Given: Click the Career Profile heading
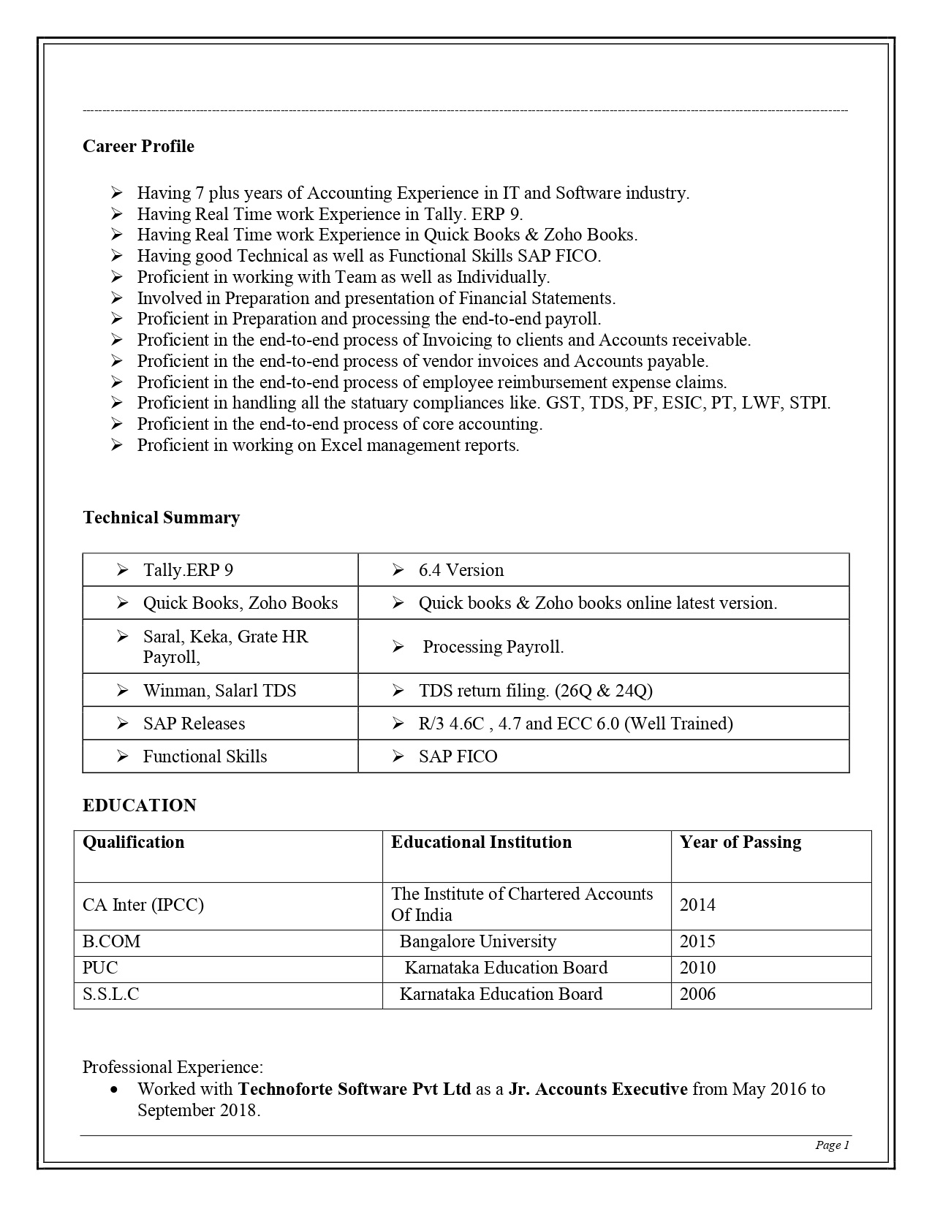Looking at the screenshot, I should [x=138, y=146].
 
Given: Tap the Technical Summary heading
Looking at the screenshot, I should [x=161, y=517].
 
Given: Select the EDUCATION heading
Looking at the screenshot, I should [x=140, y=805].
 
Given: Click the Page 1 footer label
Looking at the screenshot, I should [x=832, y=1145].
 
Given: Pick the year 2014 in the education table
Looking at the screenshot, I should [x=697, y=905].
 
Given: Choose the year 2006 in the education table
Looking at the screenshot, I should [x=697, y=994].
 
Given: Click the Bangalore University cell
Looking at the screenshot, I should [x=477, y=941].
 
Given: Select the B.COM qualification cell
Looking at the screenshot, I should [x=111, y=941].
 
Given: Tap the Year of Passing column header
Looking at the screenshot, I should [x=740, y=842].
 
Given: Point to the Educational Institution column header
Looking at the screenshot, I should [x=481, y=842].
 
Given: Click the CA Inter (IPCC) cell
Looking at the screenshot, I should [x=143, y=905].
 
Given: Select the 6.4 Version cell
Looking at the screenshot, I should [x=461, y=570].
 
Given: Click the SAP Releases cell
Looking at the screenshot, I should [x=194, y=724].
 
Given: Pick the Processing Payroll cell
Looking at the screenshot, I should [x=493, y=647].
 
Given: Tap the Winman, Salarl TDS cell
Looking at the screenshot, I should [x=219, y=691].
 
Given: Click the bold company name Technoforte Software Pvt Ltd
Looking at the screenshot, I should [x=355, y=1089].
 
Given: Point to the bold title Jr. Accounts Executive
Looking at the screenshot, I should [x=598, y=1089].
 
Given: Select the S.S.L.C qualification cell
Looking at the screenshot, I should [x=110, y=994].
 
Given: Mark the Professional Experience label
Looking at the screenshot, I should [x=173, y=1067].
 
